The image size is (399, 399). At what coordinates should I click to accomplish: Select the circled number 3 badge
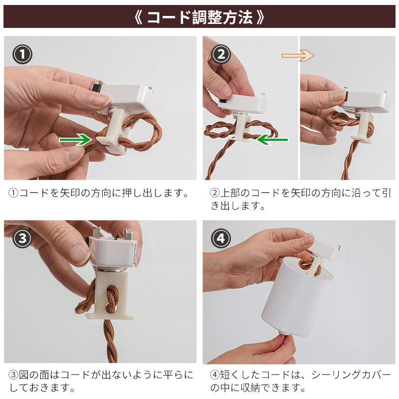[x=22, y=238]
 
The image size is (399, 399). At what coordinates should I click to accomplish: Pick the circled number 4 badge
[x=221, y=238]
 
